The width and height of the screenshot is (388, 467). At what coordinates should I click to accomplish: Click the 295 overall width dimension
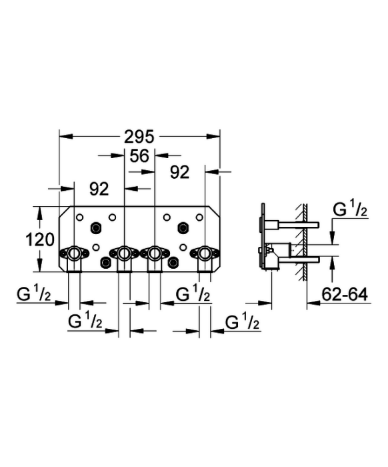click(x=139, y=137)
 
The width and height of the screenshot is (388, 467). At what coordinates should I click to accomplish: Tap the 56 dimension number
click(x=139, y=155)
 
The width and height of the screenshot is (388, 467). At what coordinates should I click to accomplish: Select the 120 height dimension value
click(x=40, y=240)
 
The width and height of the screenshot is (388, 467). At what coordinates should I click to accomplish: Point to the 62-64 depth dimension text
click(x=345, y=294)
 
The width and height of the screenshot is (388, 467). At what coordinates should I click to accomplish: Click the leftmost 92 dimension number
click(x=99, y=189)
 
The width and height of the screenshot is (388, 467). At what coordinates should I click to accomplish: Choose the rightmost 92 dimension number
click(x=180, y=172)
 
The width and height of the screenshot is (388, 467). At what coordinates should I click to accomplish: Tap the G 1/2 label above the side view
click(x=350, y=209)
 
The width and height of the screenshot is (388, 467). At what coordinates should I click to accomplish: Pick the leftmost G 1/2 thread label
click(x=34, y=294)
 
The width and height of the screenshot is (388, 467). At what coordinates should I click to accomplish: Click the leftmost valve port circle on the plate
click(x=74, y=254)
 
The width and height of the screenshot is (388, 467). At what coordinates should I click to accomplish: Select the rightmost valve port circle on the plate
click(x=205, y=254)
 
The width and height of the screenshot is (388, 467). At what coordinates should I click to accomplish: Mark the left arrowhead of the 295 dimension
click(x=66, y=136)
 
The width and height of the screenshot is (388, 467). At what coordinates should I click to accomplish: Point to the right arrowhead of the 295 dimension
click(x=213, y=136)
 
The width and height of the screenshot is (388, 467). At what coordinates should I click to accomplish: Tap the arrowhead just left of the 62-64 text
click(x=313, y=303)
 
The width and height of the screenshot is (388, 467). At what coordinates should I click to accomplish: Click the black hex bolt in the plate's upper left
click(x=96, y=228)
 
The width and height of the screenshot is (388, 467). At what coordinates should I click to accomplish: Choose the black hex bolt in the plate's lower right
click(x=172, y=262)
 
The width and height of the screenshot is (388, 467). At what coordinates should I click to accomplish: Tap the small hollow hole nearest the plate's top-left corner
click(x=80, y=217)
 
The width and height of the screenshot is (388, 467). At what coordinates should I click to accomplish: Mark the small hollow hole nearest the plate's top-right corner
click(x=199, y=217)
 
